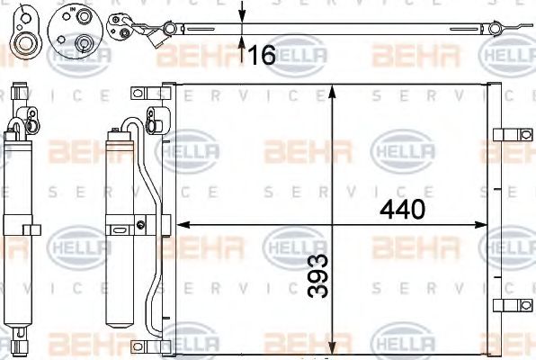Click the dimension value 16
click(x=262, y=56)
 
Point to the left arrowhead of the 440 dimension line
click(x=181, y=224)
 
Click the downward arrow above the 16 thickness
click(x=242, y=13)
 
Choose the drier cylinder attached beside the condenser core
click(x=121, y=234)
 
